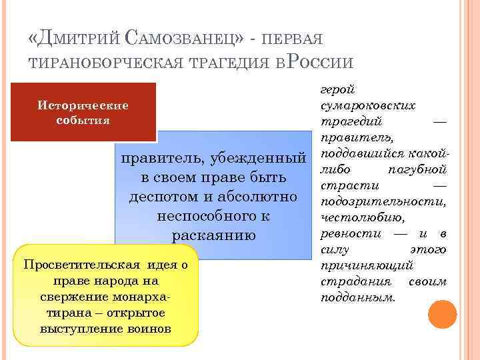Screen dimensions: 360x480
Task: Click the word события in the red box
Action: [x=84, y=121]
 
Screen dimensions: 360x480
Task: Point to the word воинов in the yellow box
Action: [x=151, y=329]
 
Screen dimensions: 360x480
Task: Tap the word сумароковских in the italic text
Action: [x=368, y=105]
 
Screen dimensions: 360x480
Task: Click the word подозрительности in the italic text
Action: [x=383, y=201]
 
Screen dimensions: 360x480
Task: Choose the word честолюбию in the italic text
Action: [x=361, y=217]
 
